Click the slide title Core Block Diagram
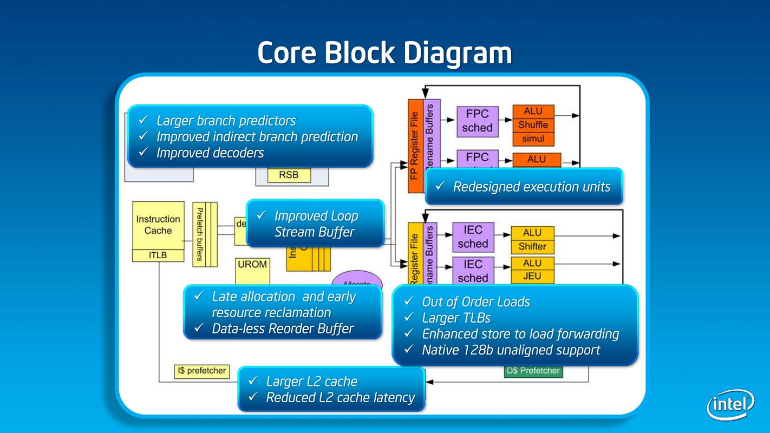click(384, 53)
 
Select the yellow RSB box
click(288, 175)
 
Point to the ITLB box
click(158, 255)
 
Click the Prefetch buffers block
click(200, 234)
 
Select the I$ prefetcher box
click(201, 371)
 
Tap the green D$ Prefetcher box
click(533, 371)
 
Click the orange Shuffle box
click(533, 125)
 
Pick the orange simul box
click(533, 139)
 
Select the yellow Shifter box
click(533, 247)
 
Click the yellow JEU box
click(533, 277)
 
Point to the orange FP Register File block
click(414, 146)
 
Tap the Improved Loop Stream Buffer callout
click(316, 224)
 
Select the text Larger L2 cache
click(311, 382)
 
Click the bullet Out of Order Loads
click(476, 302)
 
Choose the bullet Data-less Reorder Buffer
click(283, 329)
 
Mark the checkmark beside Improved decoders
click(143, 153)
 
